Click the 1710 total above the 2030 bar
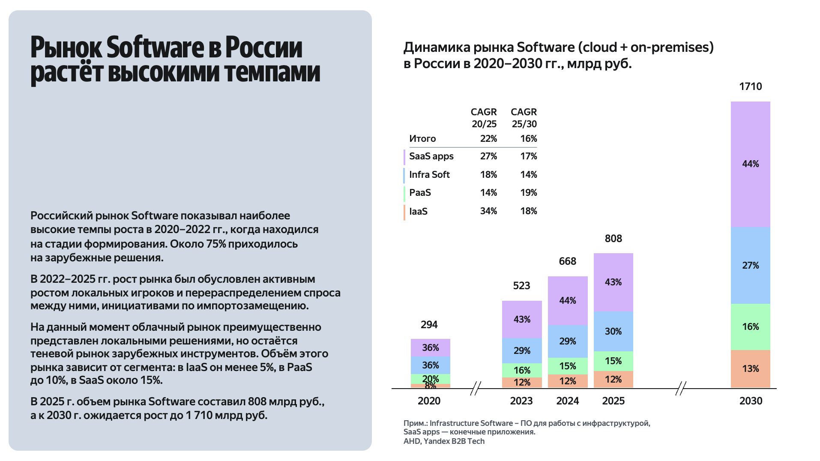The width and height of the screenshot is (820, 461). pos(750,87)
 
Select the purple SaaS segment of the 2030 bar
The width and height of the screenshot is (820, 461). pos(750,164)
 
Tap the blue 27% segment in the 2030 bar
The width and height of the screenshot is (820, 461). pos(750,265)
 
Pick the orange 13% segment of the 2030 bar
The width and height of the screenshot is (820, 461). pos(750,369)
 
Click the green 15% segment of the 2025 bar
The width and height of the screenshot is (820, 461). pos(613,361)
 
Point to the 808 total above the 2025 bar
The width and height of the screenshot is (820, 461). pos(613,239)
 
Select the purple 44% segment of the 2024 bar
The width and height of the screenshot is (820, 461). pos(567,301)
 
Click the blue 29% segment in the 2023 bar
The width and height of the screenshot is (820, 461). pos(522,350)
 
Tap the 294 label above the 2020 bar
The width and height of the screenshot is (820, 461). pos(429,325)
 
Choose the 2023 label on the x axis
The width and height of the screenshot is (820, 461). pos(521,401)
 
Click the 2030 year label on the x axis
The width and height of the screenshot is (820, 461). pos(751,401)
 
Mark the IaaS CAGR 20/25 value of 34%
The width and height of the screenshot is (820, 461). pos(488,211)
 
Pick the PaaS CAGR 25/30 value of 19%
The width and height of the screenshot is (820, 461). pos(528,193)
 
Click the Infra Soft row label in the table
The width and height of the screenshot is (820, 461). pos(429,175)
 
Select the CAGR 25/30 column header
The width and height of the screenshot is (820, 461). pos(524,118)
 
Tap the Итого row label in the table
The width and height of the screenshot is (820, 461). pos(422,139)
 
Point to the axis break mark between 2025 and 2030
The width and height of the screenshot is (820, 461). pos(680,389)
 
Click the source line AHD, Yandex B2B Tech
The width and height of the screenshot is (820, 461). pos(444,441)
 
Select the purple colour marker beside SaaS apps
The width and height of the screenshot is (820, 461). pos(404,157)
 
